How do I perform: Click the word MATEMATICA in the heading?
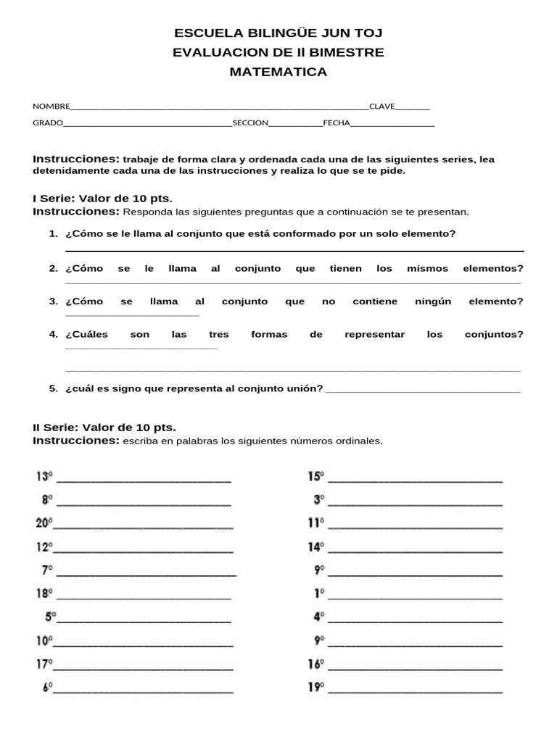[278, 72]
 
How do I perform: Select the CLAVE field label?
[382, 106]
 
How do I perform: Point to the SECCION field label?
[250, 123]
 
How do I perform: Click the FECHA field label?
[336, 123]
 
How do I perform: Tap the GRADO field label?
[48, 123]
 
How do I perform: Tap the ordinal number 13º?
[44, 477]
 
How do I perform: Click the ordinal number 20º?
[44, 523]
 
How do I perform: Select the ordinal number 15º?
[316, 477]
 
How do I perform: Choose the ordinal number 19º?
[316, 687]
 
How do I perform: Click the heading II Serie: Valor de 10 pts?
[104, 428]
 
